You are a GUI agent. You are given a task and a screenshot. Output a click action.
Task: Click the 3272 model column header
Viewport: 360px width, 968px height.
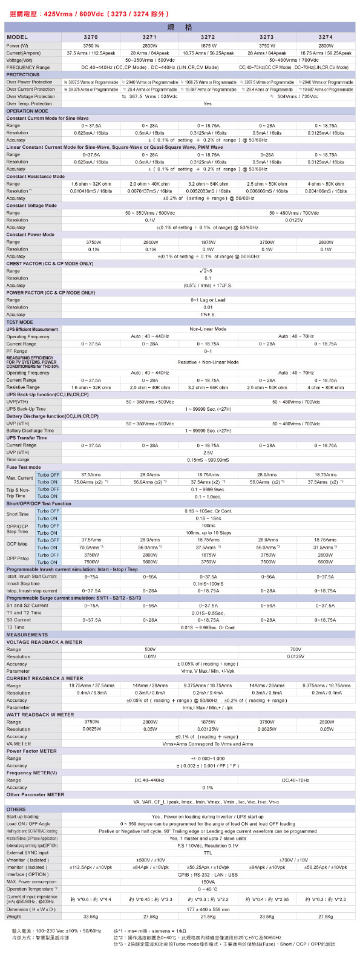[x=208, y=38]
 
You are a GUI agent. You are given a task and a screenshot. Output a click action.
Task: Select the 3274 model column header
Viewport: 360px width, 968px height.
[x=326, y=38]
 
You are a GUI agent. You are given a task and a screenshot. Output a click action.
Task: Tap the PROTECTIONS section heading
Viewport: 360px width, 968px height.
[x=23, y=75]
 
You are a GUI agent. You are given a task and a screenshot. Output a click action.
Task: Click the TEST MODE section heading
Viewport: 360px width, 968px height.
[x=20, y=322]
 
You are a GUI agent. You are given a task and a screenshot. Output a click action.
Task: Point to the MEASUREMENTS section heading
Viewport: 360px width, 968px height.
[x=27, y=635]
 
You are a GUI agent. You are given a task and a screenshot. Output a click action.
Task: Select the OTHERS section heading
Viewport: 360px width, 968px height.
[x=16, y=809]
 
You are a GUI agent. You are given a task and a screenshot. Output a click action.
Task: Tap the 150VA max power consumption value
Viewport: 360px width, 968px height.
[x=208, y=881]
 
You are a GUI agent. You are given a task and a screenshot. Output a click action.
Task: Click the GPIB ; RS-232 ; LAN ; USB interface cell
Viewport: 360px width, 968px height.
[x=208, y=874]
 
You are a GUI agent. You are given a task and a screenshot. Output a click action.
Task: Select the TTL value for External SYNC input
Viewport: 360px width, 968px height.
[x=208, y=852]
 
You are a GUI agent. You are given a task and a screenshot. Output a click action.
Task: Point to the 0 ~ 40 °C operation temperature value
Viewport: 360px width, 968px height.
[x=208, y=889]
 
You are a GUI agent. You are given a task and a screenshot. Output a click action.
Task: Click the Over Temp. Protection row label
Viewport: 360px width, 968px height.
[x=29, y=103]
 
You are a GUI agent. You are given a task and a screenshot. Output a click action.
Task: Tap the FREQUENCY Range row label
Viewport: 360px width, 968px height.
[x=28, y=67]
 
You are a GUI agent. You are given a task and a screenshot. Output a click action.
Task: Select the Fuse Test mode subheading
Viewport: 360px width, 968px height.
[x=24, y=467]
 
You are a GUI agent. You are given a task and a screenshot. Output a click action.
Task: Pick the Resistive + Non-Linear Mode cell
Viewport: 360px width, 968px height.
[x=208, y=362]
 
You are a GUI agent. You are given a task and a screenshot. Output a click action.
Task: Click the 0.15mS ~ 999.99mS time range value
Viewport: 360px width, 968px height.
[x=208, y=460]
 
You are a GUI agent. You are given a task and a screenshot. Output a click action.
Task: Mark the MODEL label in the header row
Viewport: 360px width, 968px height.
[x=18, y=38]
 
